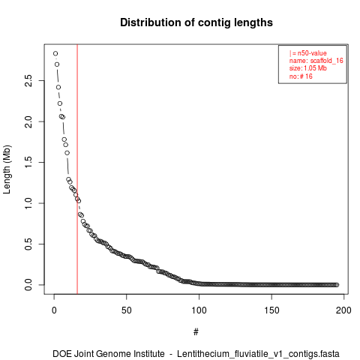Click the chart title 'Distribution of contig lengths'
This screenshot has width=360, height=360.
(x=196, y=22)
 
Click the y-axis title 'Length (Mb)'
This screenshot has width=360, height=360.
(x=7, y=169)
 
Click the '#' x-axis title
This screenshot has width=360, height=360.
(x=196, y=331)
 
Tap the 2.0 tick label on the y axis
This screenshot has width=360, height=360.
(x=28, y=121)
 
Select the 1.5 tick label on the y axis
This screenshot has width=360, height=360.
(x=28, y=162)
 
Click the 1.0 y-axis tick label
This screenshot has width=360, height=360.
(x=28, y=203)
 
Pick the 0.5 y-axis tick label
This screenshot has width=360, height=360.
(x=28, y=244)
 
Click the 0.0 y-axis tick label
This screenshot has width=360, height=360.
(x=28, y=285)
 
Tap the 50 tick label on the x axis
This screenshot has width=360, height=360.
(x=127, y=310)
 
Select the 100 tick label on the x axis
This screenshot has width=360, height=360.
(x=199, y=310)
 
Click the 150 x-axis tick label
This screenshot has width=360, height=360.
(x=271, y=310)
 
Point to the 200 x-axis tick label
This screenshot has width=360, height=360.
(x=343, y=310)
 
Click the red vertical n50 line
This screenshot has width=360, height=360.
(x=77, y=169)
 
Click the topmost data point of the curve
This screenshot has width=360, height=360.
(x=55, y=53)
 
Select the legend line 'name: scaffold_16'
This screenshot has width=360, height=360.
(x=316, y=61)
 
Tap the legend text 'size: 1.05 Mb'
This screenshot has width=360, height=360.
(x=308, y=68)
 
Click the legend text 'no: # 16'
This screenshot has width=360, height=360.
(x=301, y=76)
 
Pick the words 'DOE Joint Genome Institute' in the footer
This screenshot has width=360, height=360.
(x=109, y=354)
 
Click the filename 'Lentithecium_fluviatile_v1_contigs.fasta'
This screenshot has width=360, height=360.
(x=258, y=354)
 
